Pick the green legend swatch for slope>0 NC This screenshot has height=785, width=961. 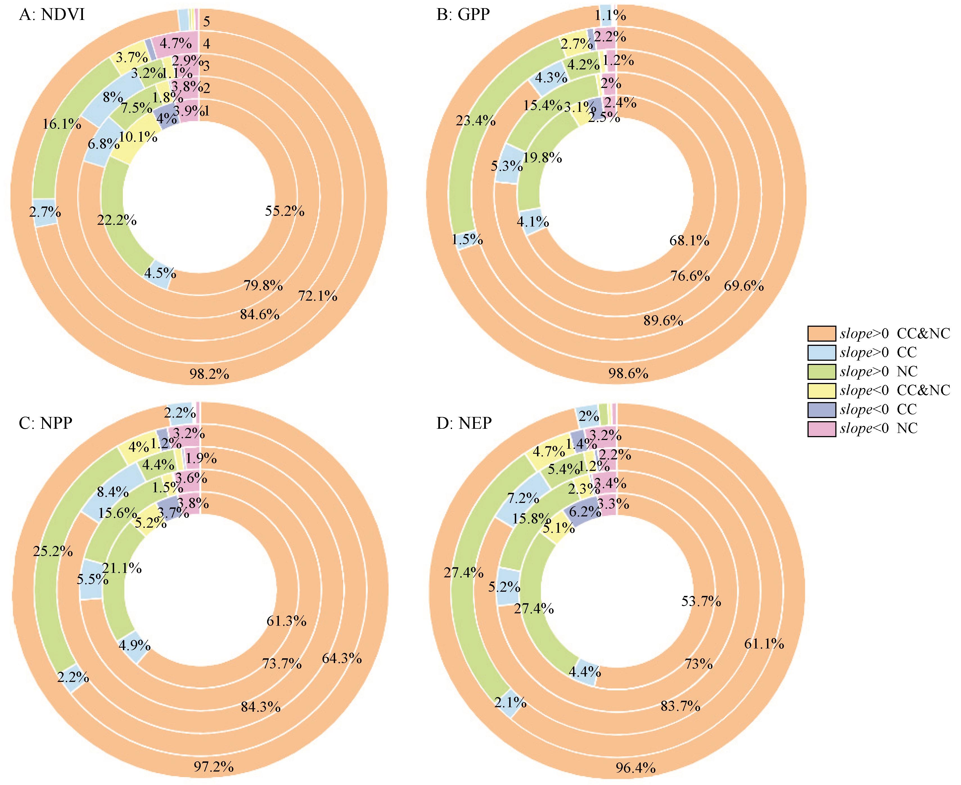pos(821,371)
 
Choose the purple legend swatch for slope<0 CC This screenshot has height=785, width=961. pos(821,409)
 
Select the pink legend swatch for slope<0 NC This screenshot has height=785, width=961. pos(821,428)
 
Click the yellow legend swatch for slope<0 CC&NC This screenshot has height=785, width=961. pos(821,390)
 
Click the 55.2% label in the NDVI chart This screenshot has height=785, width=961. pos(285,211)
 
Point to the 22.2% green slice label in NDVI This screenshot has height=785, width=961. pos(117,220)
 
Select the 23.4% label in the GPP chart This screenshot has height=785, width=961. pos(475,121)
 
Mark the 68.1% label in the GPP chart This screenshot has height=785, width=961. pos(689,241)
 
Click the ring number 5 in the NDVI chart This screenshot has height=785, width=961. pos(206,21)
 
